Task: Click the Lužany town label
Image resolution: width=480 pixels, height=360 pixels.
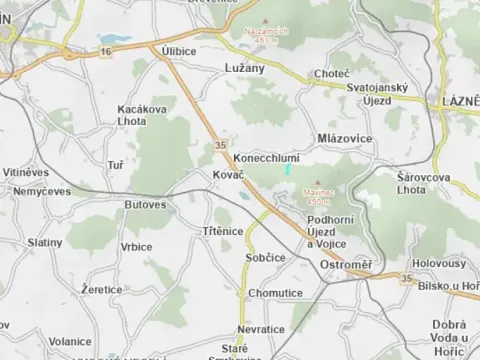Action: (x=237, y=68)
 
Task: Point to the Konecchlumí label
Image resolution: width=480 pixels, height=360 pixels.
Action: (x=265, y=159)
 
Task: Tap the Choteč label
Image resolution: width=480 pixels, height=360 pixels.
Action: (x=331, y=74)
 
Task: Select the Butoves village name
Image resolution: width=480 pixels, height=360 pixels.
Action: (x=145, y=204)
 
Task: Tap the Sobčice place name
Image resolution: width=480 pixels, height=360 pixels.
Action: (x=265, y=257)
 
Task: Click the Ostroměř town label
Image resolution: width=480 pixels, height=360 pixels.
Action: (x=345, y=263)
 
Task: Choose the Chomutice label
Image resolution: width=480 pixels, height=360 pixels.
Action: (x=276, y=293)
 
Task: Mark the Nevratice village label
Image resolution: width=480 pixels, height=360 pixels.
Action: (x=262, y=329)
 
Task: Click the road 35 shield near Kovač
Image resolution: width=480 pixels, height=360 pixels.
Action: (x=220, y=146)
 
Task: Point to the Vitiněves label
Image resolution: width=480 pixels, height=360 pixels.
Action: (x=25, y=172)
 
